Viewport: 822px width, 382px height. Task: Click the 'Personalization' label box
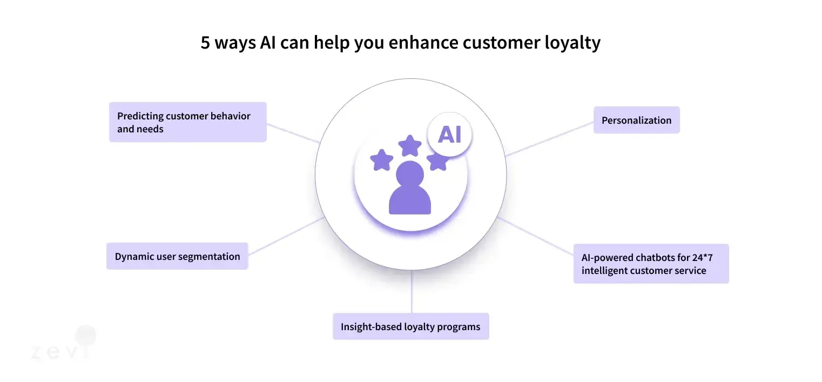click(636, 120)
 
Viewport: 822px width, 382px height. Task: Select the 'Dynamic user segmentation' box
click(177, 256)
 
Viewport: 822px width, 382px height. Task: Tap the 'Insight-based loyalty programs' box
click(410, 326)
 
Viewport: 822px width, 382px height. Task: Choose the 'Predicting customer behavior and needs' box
click(187, 122)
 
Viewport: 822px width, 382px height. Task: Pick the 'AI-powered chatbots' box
click(651, 264)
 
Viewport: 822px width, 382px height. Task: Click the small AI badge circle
click(449, 135)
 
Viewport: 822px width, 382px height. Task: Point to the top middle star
click(410, 145)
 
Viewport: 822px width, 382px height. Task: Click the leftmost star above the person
click(382, 160)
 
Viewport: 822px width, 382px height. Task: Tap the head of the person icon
click(410, 175)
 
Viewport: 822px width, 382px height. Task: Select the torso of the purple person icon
click(410, 202)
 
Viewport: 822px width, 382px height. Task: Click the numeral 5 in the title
click(205, 43)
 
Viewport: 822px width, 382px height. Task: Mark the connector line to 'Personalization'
click(550, 139)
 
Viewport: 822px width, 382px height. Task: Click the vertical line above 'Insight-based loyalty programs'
click(412, 292)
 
